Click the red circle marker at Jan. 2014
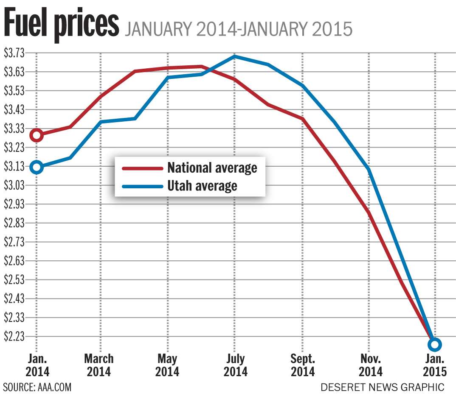[37, 135]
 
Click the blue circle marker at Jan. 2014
[37, 167]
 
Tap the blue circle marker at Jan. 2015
[435, 344]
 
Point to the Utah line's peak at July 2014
[234, 56]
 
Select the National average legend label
[212, 168]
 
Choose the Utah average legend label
[202, 185]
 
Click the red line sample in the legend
[143, 168]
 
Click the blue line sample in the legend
[143, 186]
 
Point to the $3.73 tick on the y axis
[15, 53]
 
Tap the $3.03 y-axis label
[15, 185]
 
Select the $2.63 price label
[15, 260]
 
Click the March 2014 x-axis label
[99, 365]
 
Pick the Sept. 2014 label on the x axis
[303, 365]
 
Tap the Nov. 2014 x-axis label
[370, 365]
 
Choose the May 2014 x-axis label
[167, 365]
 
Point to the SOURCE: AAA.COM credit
[37, 387]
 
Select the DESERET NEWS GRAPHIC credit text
[383, 387]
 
